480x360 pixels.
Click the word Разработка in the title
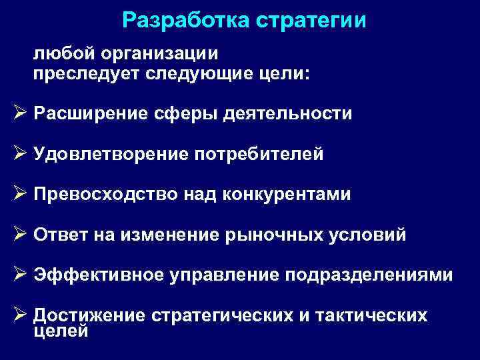coord(186,21)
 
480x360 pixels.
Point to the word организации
coord(159,55)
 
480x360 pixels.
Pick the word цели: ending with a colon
coord(285,75)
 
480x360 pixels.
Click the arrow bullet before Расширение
coord(20,113)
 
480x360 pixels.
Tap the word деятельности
coord(287,114)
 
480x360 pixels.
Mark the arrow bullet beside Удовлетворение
coord(20,153)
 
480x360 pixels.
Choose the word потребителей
coord(259,154)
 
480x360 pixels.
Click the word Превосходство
coord(105,195)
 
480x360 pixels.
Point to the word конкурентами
coord(287,195)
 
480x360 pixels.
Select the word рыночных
coord(274,235)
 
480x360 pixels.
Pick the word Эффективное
coord(99,275)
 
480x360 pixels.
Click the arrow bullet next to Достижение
coord(20,314)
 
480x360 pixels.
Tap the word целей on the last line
coord(61,331)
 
